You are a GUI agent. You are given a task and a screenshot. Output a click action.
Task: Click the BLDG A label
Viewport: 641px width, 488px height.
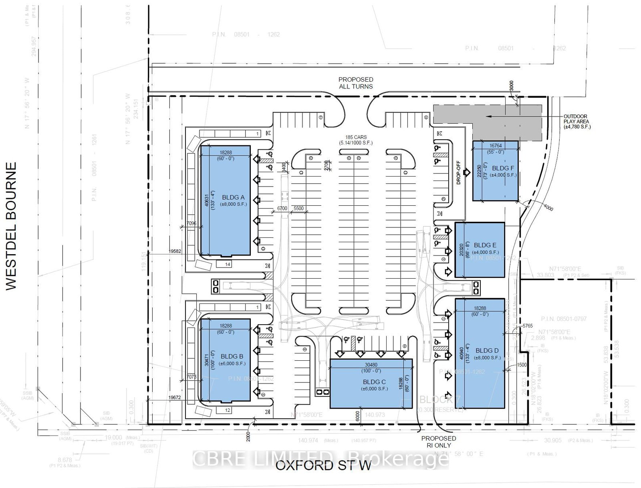point(233,197)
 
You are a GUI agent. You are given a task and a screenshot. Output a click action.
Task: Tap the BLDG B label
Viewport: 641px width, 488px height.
point(232,356)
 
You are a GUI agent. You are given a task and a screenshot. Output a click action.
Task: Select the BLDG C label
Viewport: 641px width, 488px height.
point(374,382)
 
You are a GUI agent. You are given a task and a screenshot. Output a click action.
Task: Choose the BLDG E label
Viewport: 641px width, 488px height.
point(485,245)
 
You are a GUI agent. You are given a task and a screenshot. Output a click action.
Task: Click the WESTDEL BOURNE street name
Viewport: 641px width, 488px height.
point(11,226)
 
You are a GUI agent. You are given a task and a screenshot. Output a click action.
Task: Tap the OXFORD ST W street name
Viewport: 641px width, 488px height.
point(323,466)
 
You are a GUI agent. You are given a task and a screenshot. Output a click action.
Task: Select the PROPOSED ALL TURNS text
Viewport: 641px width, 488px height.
point(355,83)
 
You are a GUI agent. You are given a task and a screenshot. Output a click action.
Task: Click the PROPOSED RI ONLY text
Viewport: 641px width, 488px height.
point(439,442)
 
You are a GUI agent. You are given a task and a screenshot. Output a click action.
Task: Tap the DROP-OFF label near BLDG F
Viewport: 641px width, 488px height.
point(459,173)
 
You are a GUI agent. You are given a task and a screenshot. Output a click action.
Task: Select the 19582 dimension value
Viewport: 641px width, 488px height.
point(175,251)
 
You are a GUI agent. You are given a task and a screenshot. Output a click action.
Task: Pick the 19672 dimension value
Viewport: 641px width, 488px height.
point(175,398)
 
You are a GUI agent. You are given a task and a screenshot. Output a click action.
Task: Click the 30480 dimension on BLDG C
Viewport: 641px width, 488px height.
point(371,365)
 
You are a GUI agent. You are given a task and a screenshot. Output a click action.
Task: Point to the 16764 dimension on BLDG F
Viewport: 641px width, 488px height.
point(496,146)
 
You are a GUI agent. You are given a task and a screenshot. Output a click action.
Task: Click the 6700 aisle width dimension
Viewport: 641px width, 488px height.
point(282,209)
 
